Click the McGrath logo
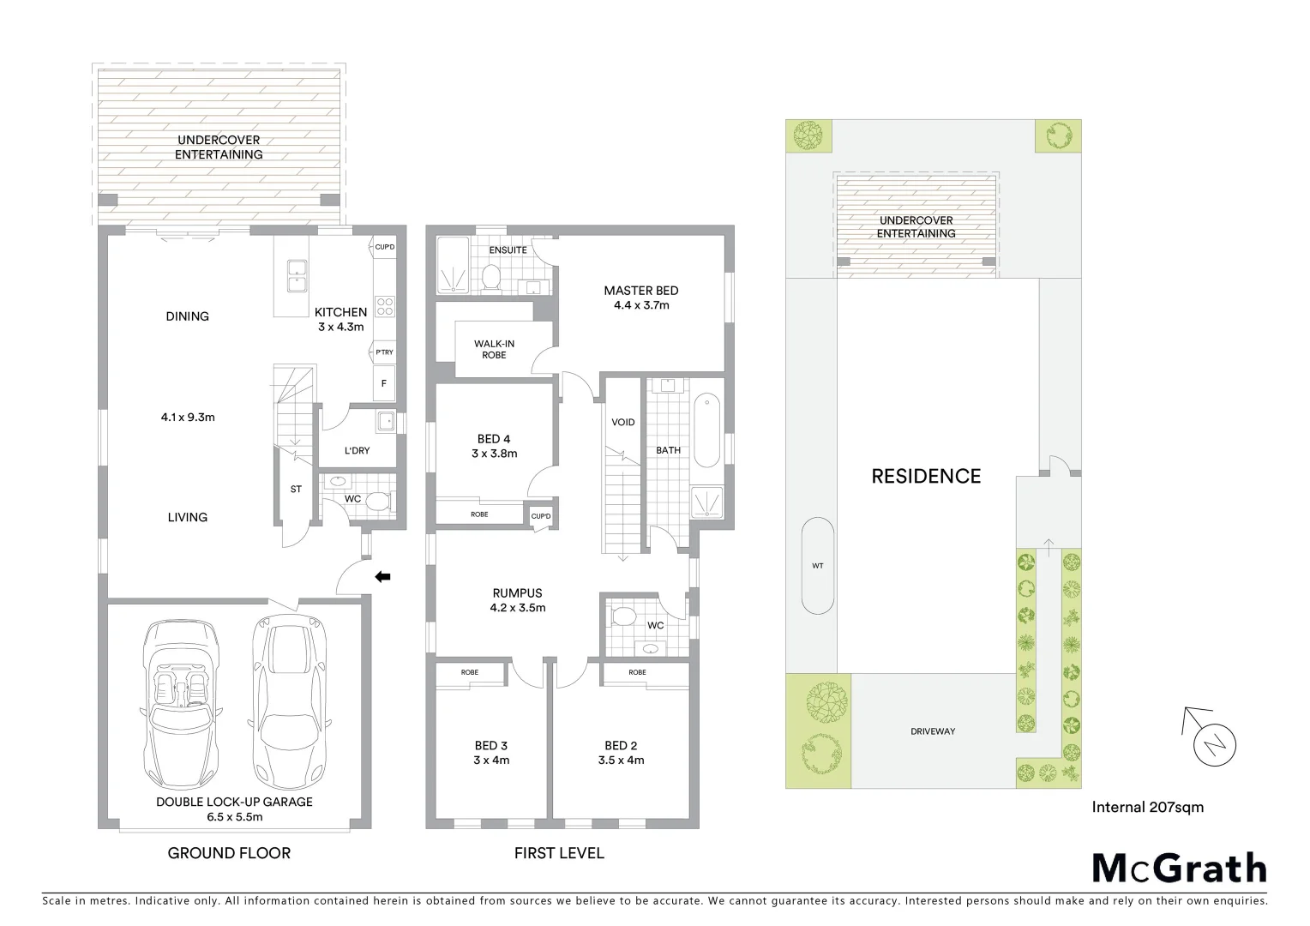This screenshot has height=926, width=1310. (1179, 869)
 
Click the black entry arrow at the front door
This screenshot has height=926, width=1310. (382, 577)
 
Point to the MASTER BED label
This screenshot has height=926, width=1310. (640, 291)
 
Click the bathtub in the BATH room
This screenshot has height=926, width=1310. (706, 430)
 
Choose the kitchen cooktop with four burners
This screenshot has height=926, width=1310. (384, 306)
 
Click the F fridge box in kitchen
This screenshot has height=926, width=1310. (383, 384)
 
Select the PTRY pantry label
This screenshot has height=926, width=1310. (383, 352)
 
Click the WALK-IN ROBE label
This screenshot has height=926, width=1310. (494, 349)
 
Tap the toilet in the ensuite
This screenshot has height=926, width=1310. (491, 276)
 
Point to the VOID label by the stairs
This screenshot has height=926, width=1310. (622, 422)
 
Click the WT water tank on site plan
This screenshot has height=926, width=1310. (817, 566)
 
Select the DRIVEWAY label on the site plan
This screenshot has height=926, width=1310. (933, 731)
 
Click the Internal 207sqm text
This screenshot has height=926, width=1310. (1147, 807)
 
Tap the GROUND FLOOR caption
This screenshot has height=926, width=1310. (229, 853)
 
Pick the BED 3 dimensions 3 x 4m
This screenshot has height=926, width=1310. (491, 760)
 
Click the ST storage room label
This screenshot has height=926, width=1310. (296, 490)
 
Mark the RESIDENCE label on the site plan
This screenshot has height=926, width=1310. (926, 476)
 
